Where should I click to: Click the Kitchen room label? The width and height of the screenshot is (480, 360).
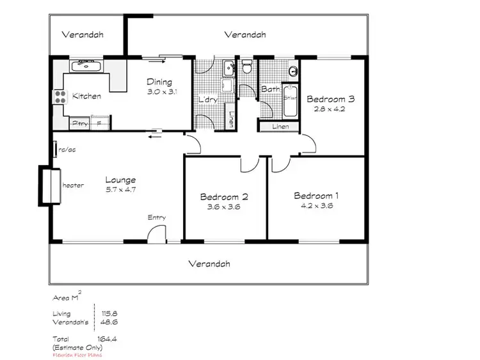86,96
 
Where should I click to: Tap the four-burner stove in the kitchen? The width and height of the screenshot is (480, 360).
59,97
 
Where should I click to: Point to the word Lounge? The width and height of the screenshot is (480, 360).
120,180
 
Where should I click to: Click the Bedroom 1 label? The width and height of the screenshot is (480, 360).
313,196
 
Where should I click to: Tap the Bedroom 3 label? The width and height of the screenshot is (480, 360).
330,99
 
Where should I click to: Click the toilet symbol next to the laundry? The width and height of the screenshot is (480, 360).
247,67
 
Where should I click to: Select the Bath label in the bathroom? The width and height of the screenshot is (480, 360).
269,89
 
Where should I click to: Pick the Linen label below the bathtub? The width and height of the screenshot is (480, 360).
280,127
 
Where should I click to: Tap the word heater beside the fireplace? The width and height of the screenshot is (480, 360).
73,185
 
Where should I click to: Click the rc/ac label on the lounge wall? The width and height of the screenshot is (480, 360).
67,150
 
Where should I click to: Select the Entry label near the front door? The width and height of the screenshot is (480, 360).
157,217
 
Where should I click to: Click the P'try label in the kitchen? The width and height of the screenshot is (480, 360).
80,123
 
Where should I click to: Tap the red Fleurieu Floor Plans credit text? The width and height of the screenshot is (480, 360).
76,355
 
